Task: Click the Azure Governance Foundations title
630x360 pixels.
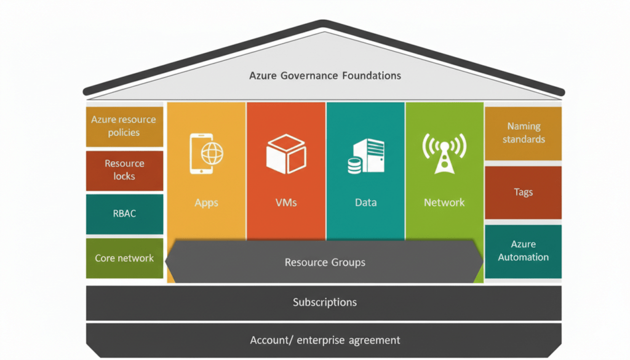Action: (x=325, y=76)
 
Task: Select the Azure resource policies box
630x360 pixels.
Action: (x=124, y=126)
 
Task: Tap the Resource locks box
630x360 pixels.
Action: (x=124, y=170)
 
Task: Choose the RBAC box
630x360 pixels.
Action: (x=124, y=214)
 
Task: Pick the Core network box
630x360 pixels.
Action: (x=124, y=258)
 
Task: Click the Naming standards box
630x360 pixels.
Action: (x=524, y=133)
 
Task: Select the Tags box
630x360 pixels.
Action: (x=524, y=192)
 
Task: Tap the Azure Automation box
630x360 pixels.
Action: (x=524, y=251)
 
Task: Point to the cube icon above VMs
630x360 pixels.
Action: (x=285, y=154)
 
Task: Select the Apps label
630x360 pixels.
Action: (x=207, y=202)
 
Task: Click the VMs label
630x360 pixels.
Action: (x=285, y=202)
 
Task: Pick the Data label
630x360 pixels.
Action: (x=365, y=202)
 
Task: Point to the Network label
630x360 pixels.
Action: (x=444, y=202)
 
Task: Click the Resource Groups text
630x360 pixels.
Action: (x=325, y=262)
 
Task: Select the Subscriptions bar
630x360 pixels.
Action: (x=325, y=302)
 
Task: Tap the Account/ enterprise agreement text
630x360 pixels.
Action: (x=325, y=340)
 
